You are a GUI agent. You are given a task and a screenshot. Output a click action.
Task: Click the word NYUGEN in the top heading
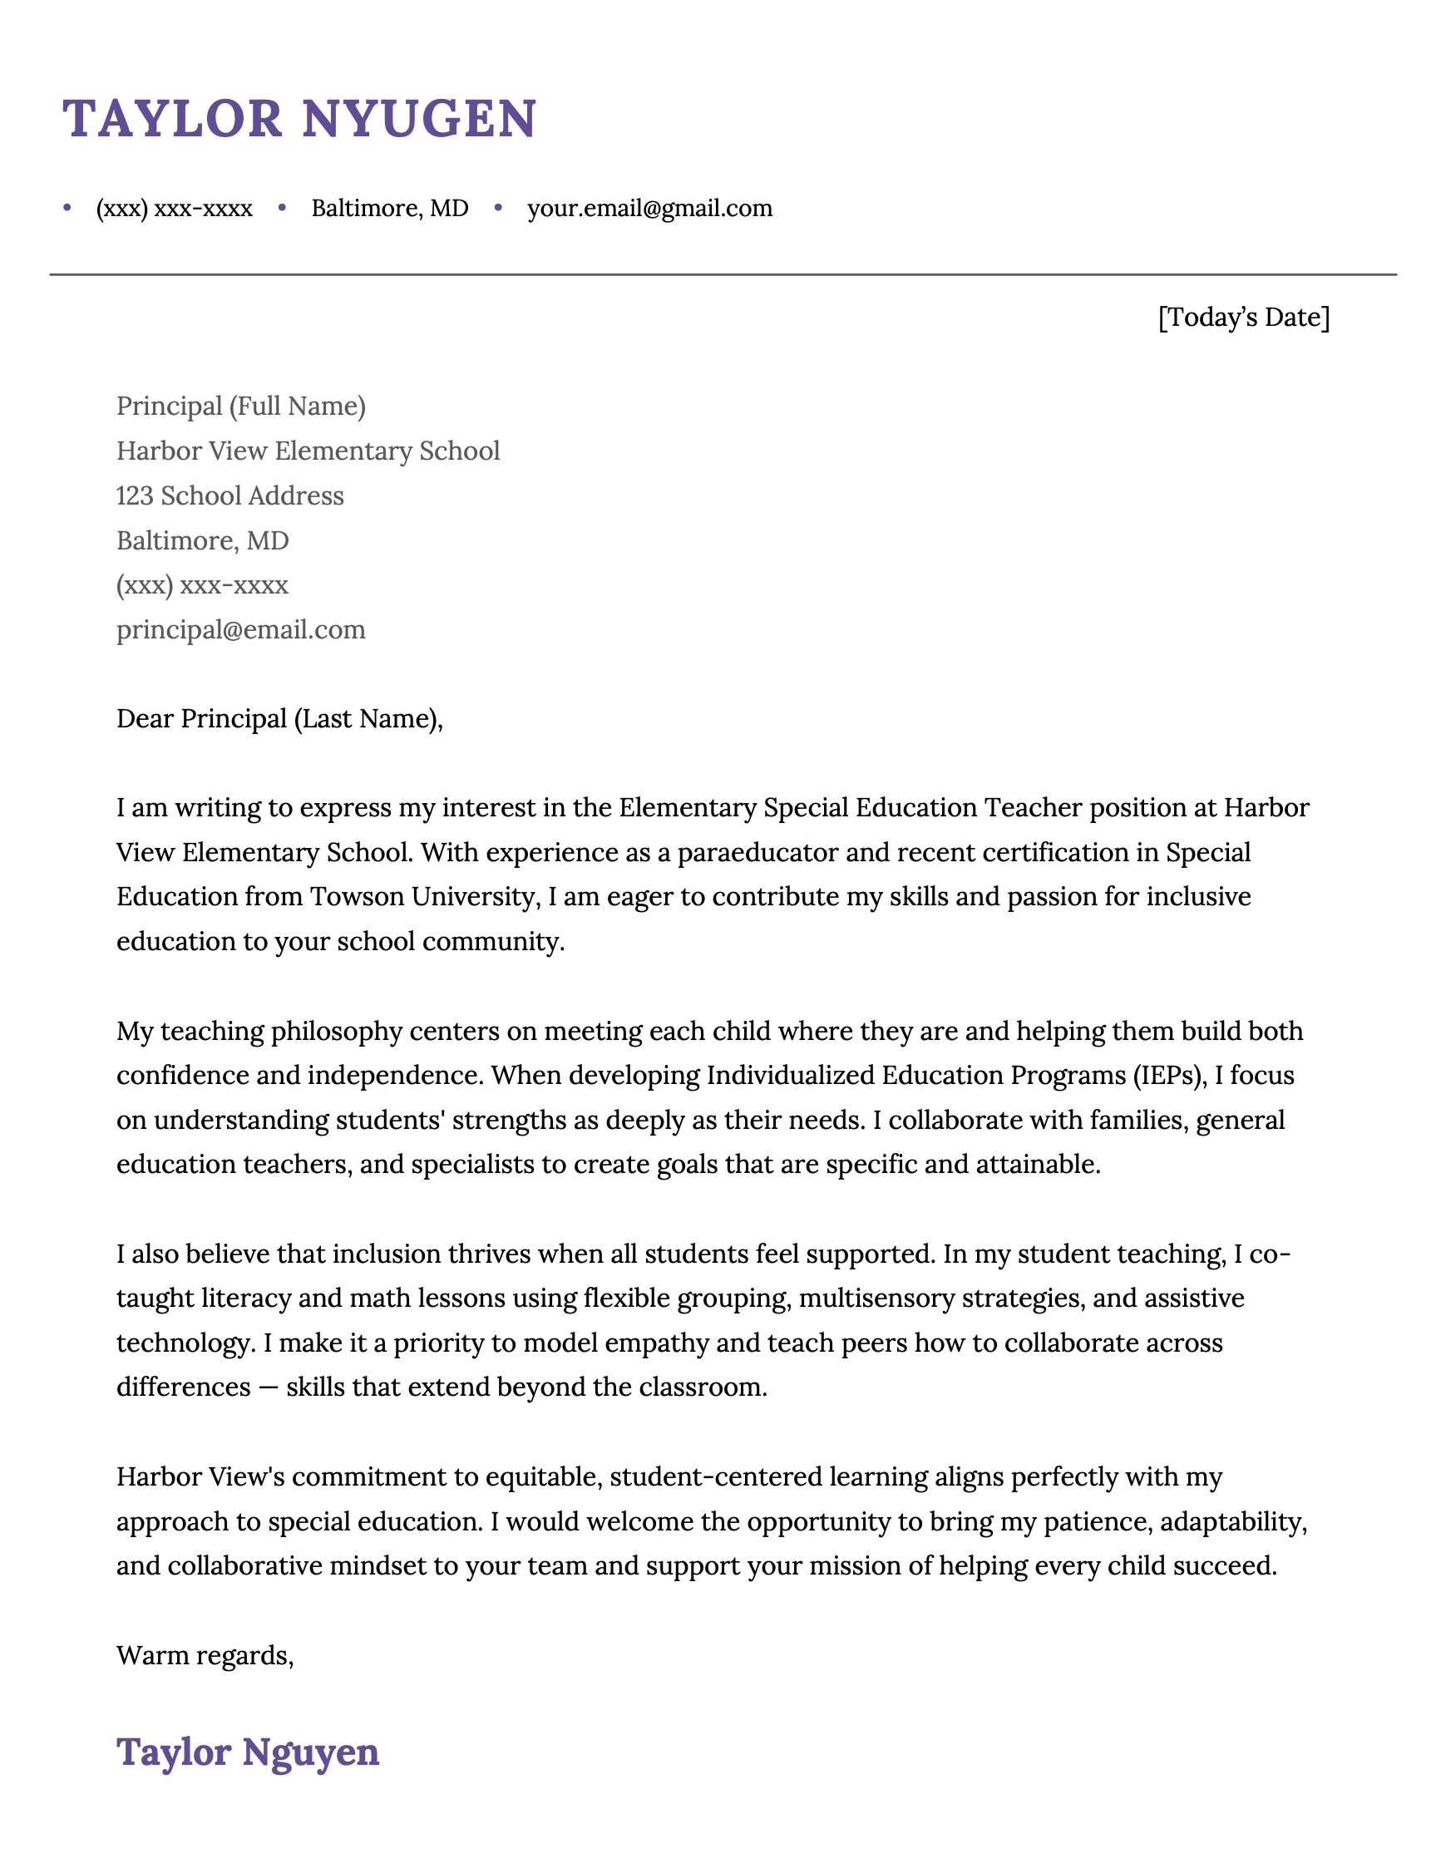coord(419,118)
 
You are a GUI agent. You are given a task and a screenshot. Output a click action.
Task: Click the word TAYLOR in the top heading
coord(172,118)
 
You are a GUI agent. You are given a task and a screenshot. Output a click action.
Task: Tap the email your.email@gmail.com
coord(649,209)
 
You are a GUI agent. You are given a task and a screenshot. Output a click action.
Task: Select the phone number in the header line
coord(174,209)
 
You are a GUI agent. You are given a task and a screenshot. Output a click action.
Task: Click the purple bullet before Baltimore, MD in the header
coord(283,208)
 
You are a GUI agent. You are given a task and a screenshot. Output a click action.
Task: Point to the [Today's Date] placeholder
coord(1243,318)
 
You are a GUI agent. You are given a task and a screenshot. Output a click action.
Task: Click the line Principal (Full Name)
coord(241,406)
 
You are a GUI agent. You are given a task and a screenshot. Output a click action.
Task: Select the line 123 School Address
coord(229,495)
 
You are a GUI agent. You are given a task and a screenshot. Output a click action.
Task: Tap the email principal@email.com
coord(241,629)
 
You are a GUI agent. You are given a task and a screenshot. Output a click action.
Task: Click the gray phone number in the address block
coord(202,584)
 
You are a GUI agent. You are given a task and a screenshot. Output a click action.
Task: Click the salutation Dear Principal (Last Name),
coord(280,719)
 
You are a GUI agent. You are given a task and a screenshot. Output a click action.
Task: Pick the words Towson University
coord(421,897)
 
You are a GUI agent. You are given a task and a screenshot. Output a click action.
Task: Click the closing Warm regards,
coord(205,1655)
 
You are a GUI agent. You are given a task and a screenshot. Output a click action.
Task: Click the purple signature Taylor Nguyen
coord(248,1752)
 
